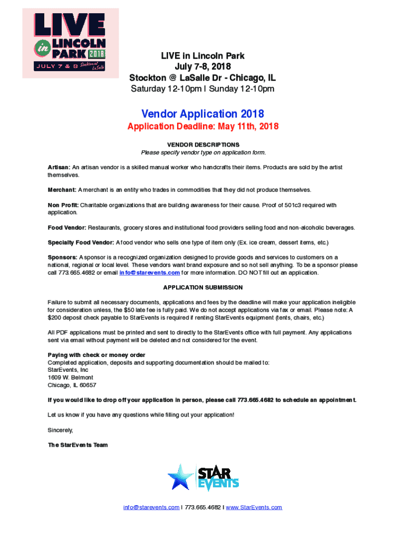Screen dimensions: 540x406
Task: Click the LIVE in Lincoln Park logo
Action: tap(70, 43)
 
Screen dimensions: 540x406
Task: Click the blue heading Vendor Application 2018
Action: tap(202, 113)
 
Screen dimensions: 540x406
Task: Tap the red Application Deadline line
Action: tap(202, 127)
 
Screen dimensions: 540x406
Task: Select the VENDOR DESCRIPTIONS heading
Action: tap(203, 144)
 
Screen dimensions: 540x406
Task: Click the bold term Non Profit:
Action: tap(63, 205)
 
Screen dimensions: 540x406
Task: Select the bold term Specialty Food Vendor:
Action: tap(81, 243)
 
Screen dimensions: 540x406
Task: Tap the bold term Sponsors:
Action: tap(62, 257)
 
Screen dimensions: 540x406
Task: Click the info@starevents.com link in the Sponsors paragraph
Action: tap(149, 273)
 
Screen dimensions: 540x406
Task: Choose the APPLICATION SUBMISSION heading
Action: tap(203, 287)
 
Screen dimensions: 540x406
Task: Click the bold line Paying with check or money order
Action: tap(96, 355)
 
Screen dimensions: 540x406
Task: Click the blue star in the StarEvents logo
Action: tap(180, 477)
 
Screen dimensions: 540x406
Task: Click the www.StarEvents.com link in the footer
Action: tap(254, 507)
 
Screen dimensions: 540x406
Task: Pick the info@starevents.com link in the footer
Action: tap(151, 507)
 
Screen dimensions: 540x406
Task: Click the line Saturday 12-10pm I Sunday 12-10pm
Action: tap(202, 89)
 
